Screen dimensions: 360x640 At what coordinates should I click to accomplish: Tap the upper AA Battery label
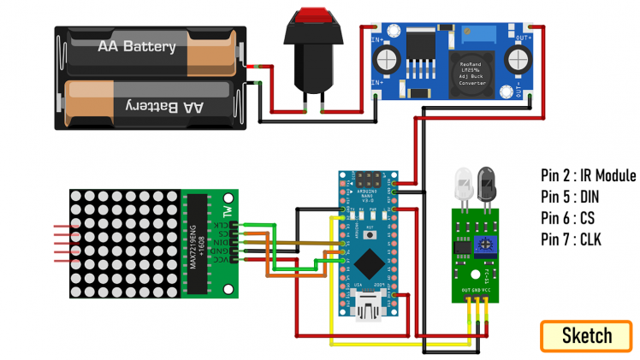pos(137,46)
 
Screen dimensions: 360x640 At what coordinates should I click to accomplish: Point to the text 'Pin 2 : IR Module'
pos(588,176)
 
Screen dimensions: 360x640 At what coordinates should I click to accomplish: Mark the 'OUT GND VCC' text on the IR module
pos(477,290)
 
